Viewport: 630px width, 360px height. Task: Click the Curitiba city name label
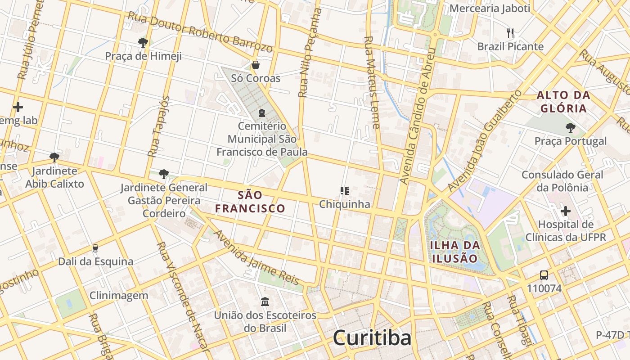click(x=372, y=338)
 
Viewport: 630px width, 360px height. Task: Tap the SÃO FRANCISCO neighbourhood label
click(x=250, y=202)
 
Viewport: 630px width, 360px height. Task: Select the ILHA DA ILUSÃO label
click(x=454, y=252)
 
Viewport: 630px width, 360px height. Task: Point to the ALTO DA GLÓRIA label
click(x=563, y=102)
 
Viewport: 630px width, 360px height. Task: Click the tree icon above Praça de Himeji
click(x=143, y=43)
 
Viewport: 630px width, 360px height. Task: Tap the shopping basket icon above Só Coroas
click(x=256, y=65)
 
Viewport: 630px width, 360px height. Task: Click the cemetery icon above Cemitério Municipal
click(x=262, y=112)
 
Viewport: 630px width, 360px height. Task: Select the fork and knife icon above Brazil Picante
click(x=510, y=33)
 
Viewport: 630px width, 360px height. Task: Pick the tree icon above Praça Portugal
click(x=571, y=128)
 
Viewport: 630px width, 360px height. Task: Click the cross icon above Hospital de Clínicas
click(x=566, y=211)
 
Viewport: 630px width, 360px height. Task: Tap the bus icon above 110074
click(x=544, y=275)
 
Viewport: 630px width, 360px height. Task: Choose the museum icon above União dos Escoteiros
click(x=265, y=301)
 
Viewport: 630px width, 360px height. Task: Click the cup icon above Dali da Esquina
click(x=95, y=248)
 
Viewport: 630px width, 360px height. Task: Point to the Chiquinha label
click(x=345, y=204)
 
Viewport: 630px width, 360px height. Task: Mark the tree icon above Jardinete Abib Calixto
click(x=54, y=157)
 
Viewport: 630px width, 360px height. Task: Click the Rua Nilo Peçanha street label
click(x=310, y=53)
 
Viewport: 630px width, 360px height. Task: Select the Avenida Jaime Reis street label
click(x=256, y=258)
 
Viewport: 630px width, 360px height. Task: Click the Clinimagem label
click(x=119, y=296)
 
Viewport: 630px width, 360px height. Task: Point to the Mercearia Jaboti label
click(x=490, y=8)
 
